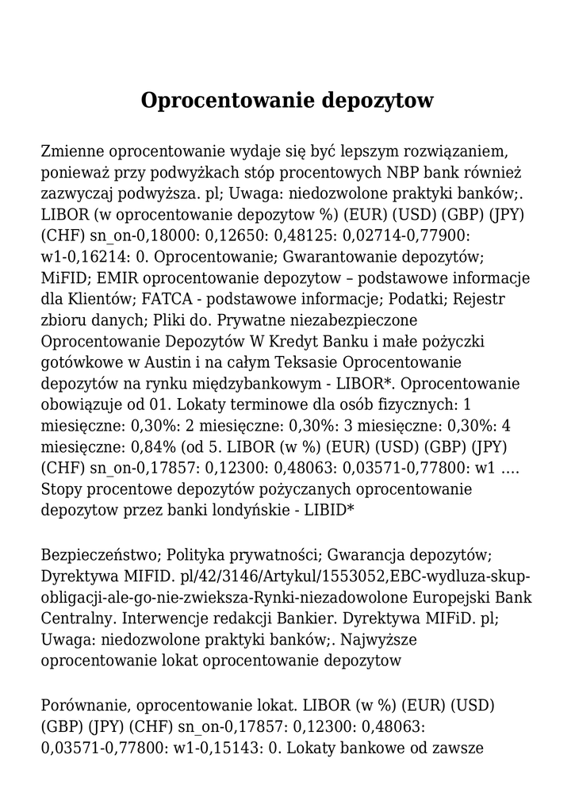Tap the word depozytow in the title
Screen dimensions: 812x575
(x=378, y=101)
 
